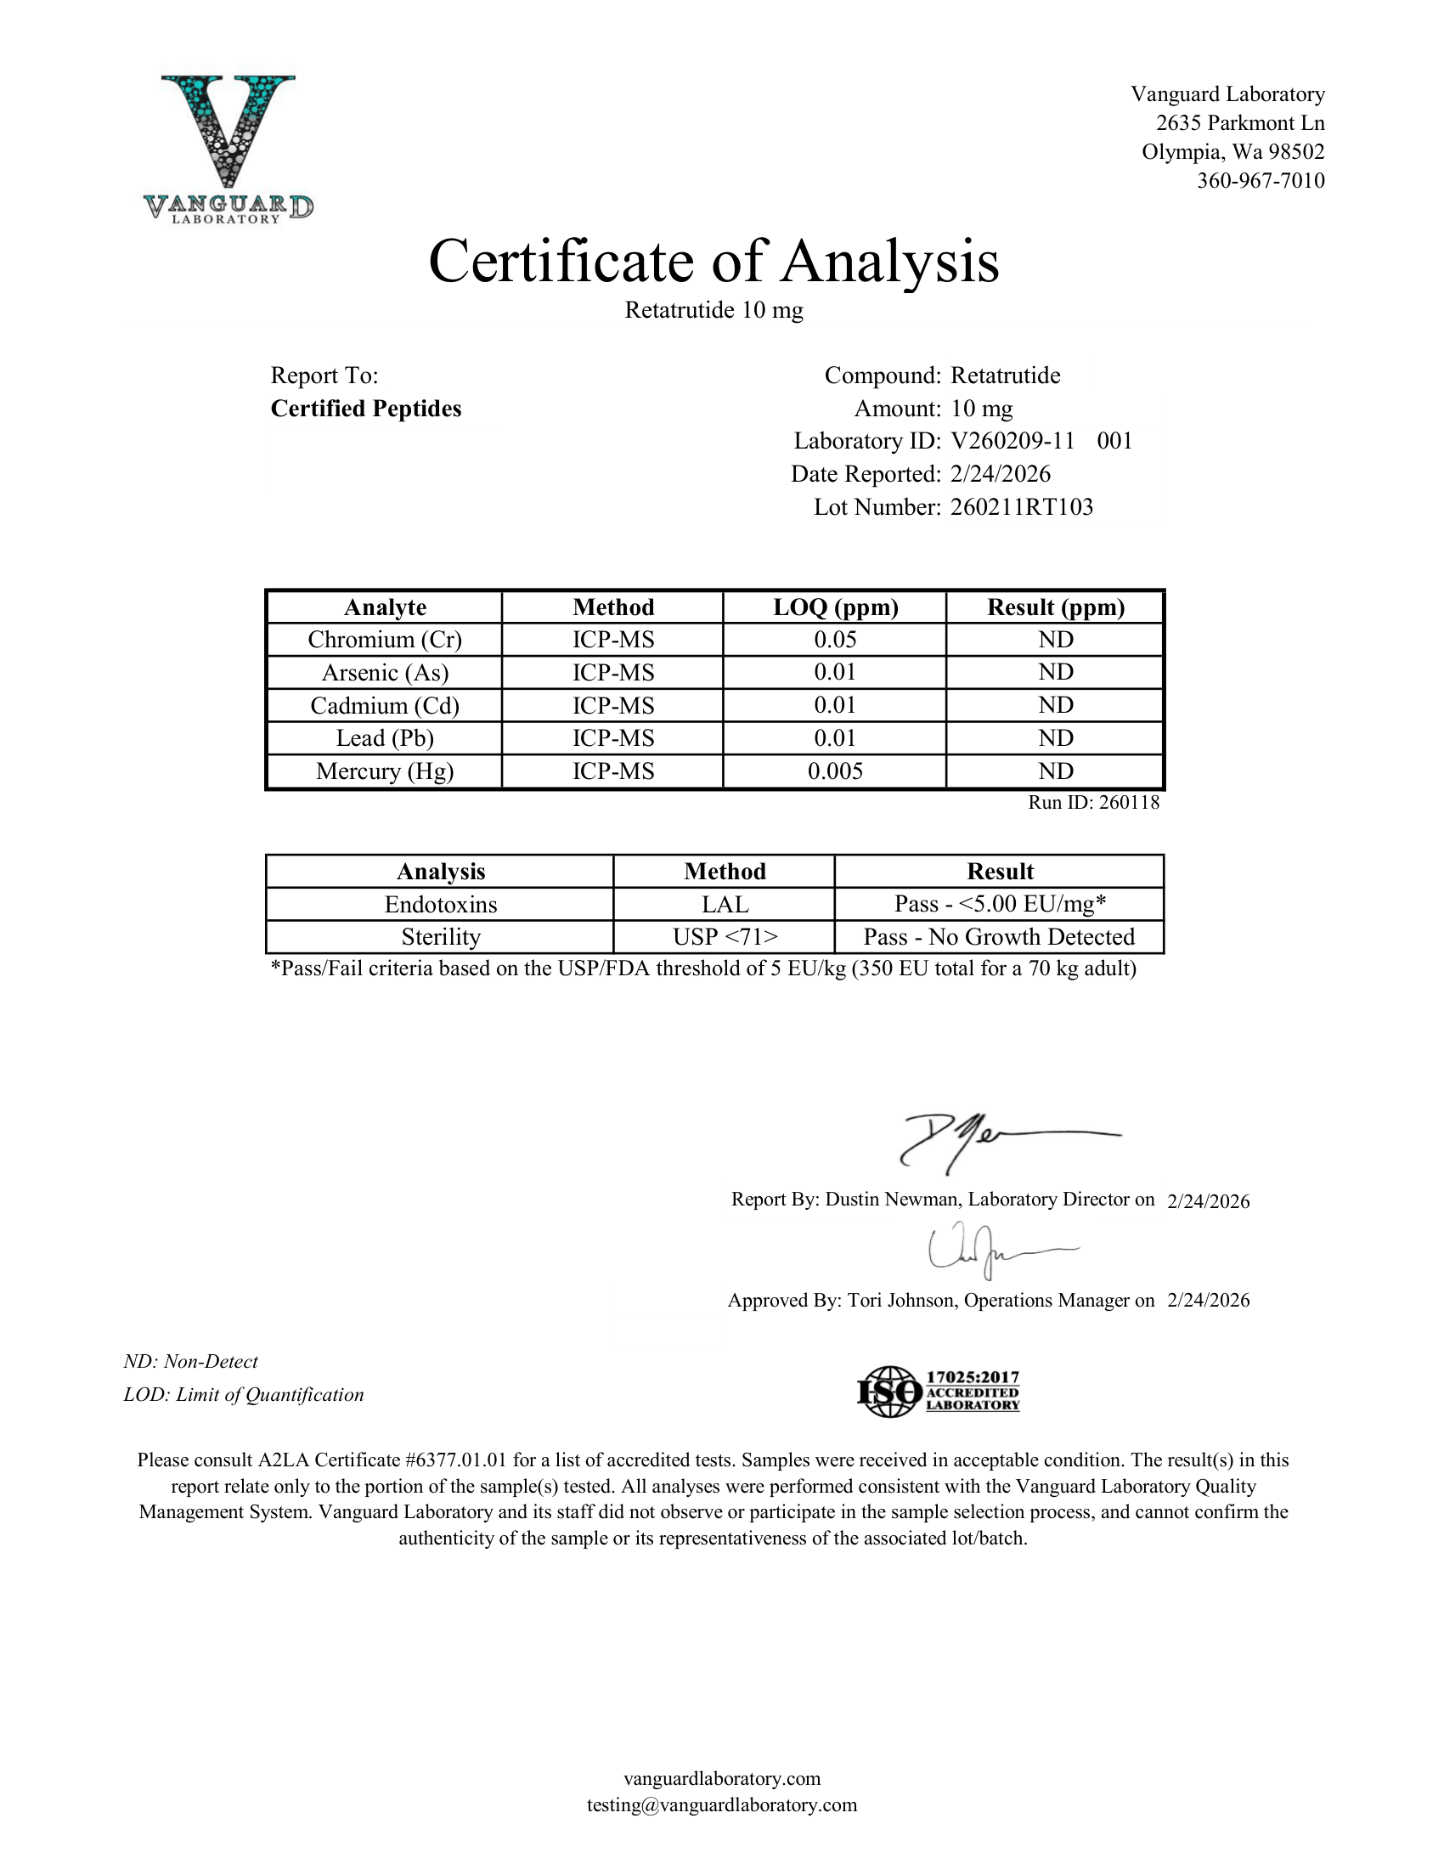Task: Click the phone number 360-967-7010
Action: pos(1260,181)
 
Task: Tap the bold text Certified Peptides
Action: pos(366,409)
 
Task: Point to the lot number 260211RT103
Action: pos(1021,507)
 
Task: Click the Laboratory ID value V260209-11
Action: pos(1012,441)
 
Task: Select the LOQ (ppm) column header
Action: pos(835,607)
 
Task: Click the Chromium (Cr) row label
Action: pos(385,640)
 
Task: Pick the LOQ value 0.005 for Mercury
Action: pos(835,772)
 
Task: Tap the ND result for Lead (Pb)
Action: pos(1056,738)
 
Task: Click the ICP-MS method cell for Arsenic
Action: pos(613,673)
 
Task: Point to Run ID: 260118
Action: pos(1093,803)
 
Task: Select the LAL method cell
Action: pos(725,905)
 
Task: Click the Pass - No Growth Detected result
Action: pos(999,937)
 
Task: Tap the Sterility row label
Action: pos(441,937)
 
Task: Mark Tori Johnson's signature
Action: pos(984,1253)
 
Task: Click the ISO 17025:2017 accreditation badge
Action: pos(939,1391)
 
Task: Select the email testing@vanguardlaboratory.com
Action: pos(721,1804)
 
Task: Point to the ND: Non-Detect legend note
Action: pos(191,1362)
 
